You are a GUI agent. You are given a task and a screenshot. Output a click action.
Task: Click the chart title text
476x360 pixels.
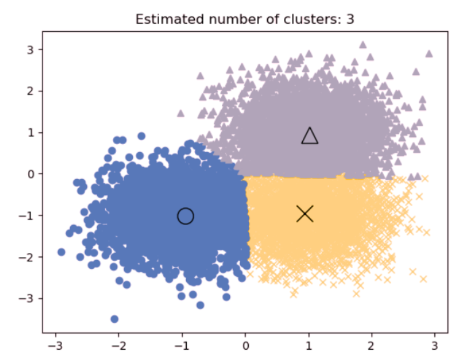(x=244, y=19)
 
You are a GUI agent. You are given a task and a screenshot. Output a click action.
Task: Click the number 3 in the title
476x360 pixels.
(x=350, y=19)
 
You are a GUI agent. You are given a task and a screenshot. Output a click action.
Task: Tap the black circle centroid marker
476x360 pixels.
(x=185, y=216)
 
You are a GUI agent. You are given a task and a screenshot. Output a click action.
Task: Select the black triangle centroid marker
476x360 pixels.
(x=310, y=136)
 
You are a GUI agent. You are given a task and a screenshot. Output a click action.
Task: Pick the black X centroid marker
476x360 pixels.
(x=305, y=214)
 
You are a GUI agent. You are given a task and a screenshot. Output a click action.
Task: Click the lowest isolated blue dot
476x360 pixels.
(x=114, y=319)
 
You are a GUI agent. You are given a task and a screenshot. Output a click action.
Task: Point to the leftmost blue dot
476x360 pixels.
(x=62, y=252)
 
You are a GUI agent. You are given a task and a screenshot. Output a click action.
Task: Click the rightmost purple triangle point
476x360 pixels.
(x=429, y=53)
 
